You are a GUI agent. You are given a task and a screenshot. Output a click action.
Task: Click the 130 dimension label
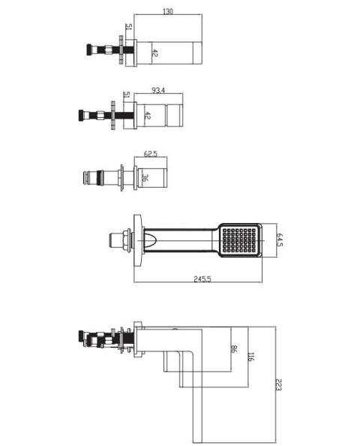pos(168,12)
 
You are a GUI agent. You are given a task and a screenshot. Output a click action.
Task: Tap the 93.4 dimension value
pos(158,90)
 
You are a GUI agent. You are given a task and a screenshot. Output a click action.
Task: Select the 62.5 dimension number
pos(150,154)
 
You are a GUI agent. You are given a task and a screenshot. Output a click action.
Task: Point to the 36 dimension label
pos(145,178)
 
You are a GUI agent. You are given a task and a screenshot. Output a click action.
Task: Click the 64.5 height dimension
pos(280,240)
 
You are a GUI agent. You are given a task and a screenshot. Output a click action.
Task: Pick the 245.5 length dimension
pos(202,279)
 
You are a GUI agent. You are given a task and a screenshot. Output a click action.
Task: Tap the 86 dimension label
pos(233,349)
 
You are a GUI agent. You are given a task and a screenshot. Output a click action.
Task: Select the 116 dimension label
pos(250,357)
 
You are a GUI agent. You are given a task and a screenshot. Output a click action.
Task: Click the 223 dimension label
pos(278,384)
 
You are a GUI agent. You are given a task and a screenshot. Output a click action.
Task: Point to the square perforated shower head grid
pos(239,240)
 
